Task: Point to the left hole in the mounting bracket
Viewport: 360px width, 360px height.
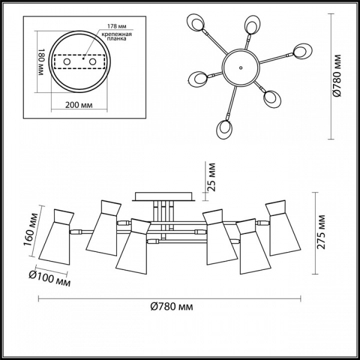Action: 68,62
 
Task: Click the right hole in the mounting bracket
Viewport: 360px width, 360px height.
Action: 93,62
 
